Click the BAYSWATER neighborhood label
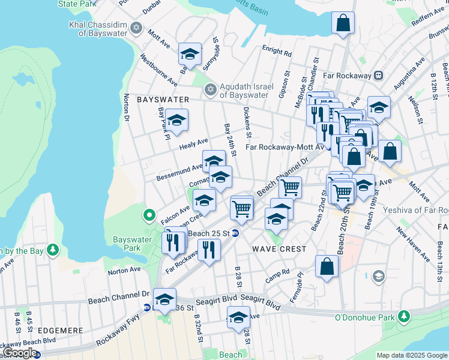coord(163,99)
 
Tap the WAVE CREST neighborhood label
coord(279,248)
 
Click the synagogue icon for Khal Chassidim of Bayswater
coord(136,28)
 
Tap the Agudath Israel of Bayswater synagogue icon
coord(209,90)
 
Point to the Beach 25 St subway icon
coord(236,233)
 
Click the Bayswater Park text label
coord(132,243)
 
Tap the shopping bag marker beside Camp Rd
coord(326,268)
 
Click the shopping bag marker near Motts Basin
coord(343,24)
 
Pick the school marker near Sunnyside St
coord(190,54)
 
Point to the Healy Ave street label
coord(193,144)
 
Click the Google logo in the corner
coord(20,353)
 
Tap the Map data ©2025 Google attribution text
coord(412,355)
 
